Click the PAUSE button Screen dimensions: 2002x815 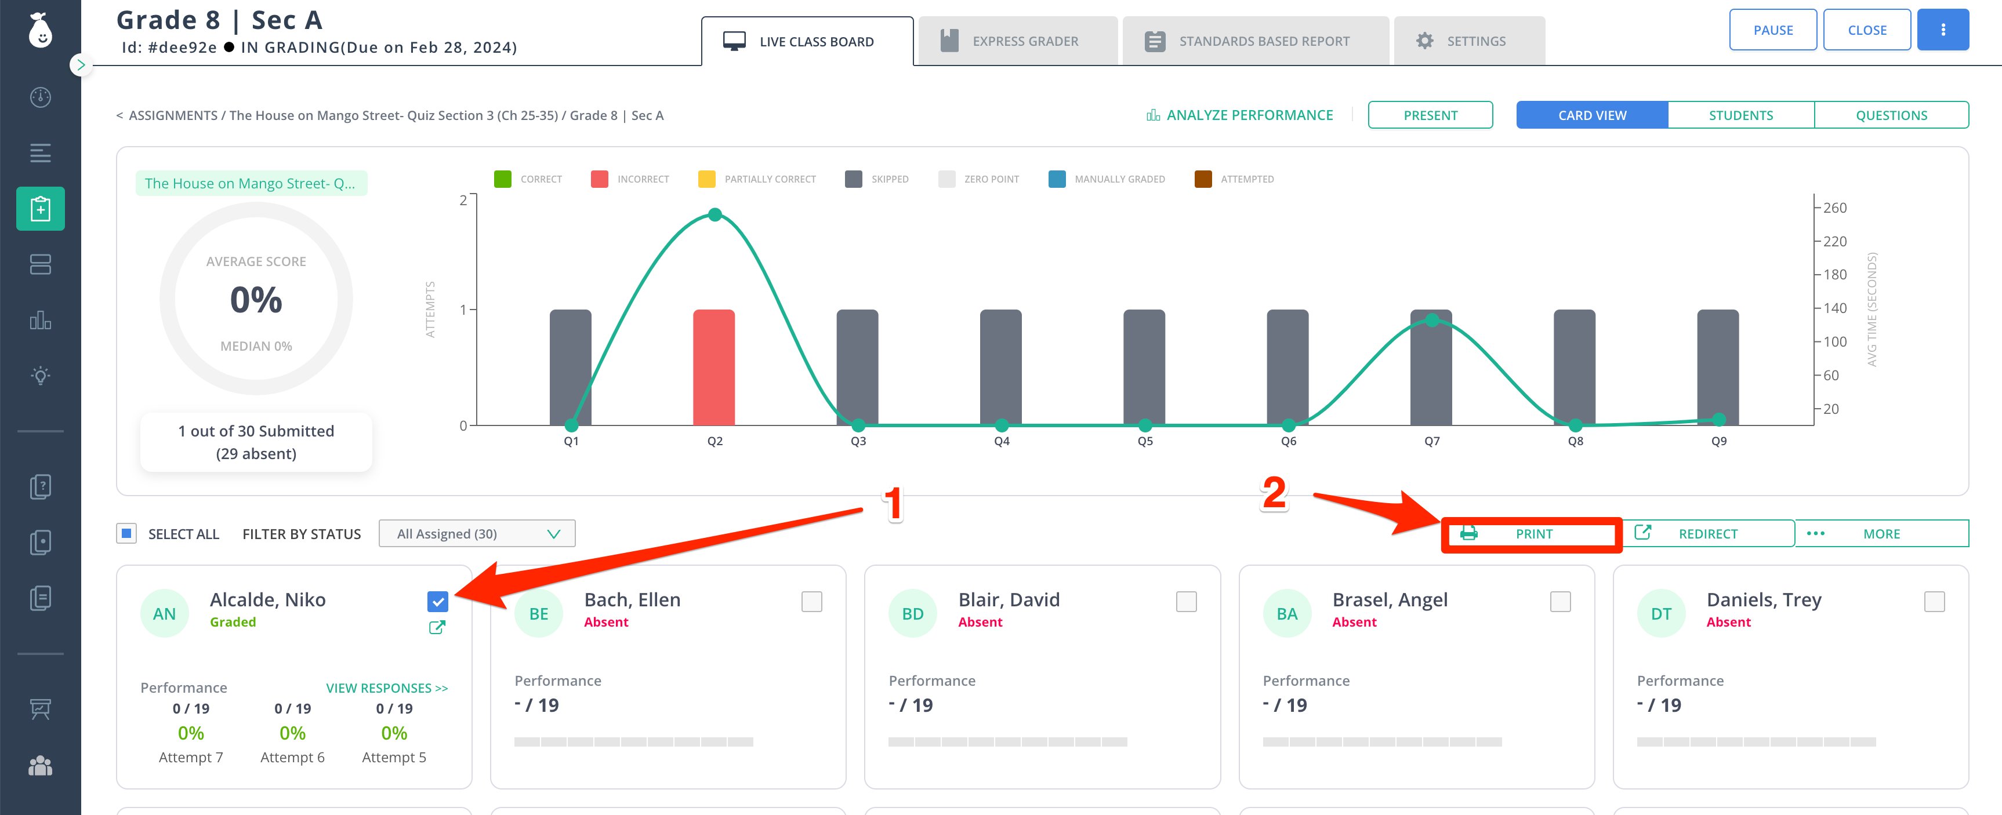point(1773,30)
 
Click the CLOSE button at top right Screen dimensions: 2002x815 point(1867,30)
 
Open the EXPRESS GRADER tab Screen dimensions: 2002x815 point(1017,41)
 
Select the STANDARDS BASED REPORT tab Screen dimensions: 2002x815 point(1255,41)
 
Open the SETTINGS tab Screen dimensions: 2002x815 point(1469,41)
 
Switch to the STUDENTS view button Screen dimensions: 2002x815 point(1741,115)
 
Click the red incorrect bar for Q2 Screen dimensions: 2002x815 point(713,368)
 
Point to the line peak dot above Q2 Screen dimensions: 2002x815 point(715,214)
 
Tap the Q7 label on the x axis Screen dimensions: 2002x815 point(1431,441)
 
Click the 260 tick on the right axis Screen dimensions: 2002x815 point(1834,208)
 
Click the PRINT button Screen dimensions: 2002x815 point(1531,534)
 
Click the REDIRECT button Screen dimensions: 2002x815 point(1707,534)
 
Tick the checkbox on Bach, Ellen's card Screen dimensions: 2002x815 point(811,601)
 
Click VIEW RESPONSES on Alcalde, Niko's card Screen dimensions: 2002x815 point(387,689)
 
